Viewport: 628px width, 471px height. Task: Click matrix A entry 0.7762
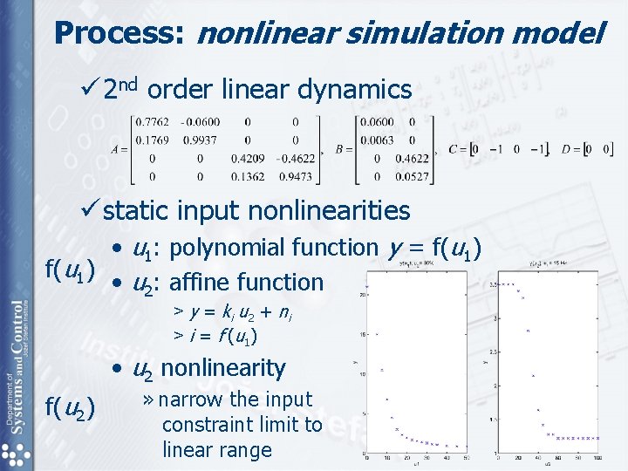(x=154, y=122)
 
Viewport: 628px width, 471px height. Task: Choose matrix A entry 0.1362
(x=248, y=176)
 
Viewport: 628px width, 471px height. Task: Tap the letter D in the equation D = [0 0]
(x=568, y=149)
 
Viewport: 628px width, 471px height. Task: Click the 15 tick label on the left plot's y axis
(x=360, y=334)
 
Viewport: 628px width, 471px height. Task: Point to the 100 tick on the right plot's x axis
(x=597, y=458)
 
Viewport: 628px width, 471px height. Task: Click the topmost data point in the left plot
(x=368, y=286)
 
